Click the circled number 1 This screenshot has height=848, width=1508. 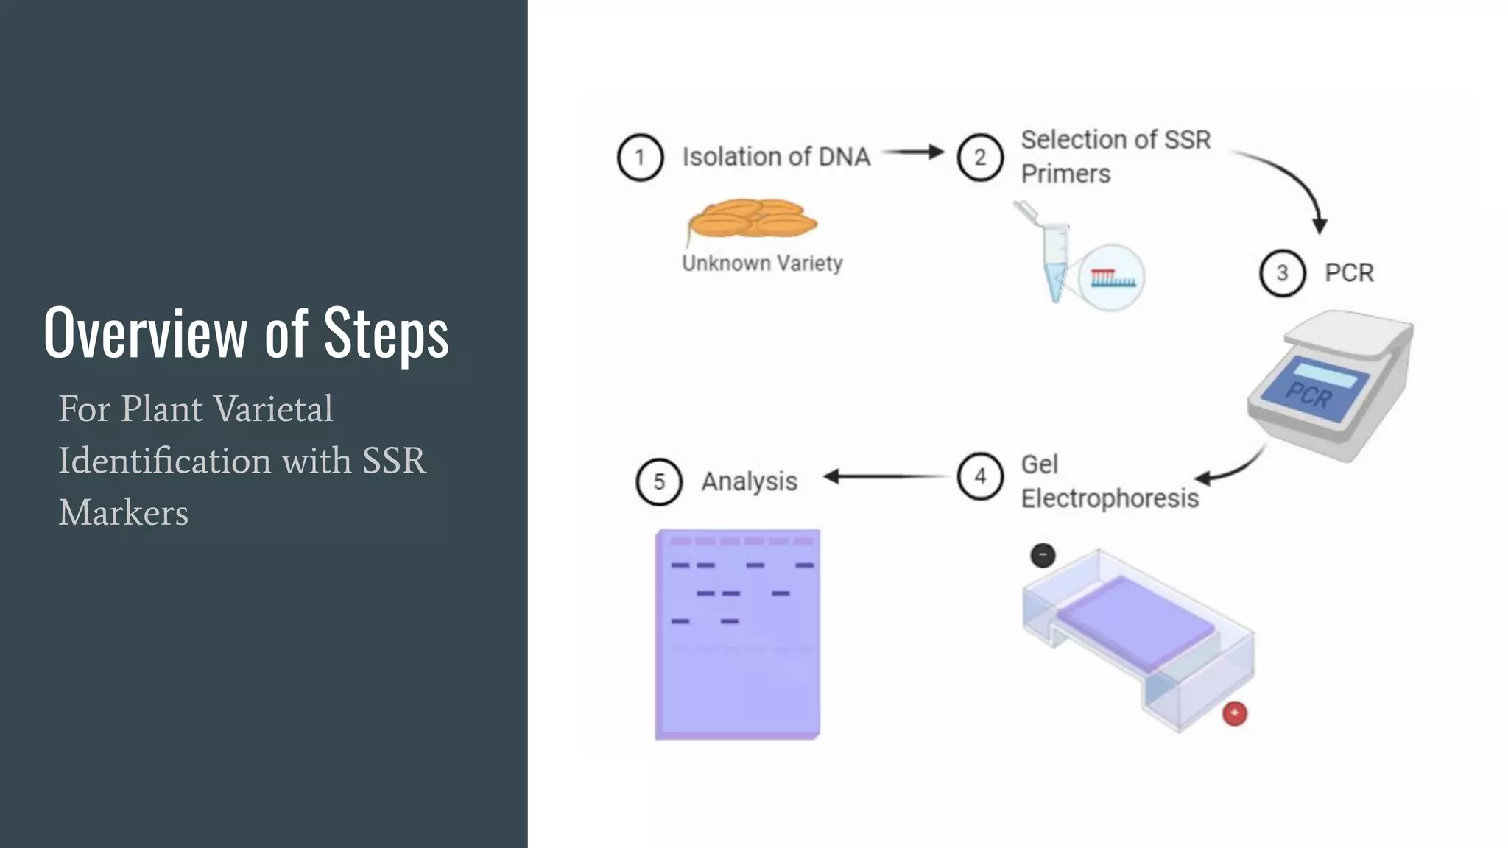click(x=640, y=158)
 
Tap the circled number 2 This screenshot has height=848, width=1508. click(x=980, y=158)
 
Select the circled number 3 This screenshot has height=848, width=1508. click(x=1282, y=273)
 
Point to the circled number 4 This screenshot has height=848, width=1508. click(x=980, y=476)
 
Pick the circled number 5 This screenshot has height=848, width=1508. click(x=659, y=481)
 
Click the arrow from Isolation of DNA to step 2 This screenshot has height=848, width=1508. click(x=913, y=152)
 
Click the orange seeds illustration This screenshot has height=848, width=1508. click(x=751, y=219)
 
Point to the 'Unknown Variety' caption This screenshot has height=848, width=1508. click(x=762, y=264)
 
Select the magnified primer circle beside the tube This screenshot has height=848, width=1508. click(x=1112, y=278)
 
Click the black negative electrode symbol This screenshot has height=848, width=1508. click(x=1043, y=555)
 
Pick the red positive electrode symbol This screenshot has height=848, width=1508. click(x=1235, y=713)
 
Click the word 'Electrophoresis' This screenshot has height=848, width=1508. click(x=1110, y=499)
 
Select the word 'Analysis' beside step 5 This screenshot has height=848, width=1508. click(x=749, y=481)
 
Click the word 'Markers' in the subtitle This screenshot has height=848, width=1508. click(x=124, y=512)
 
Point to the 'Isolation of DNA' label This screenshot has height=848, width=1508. click(x=776, y=157)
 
